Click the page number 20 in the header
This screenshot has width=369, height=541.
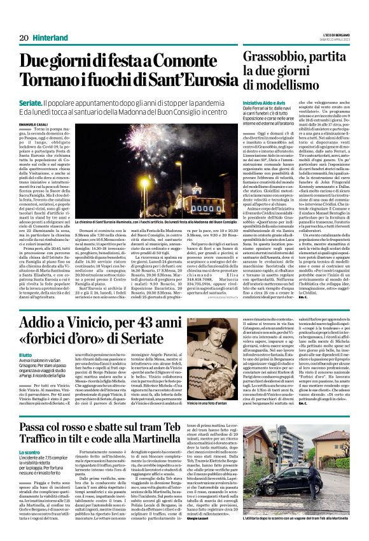(24, 37)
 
